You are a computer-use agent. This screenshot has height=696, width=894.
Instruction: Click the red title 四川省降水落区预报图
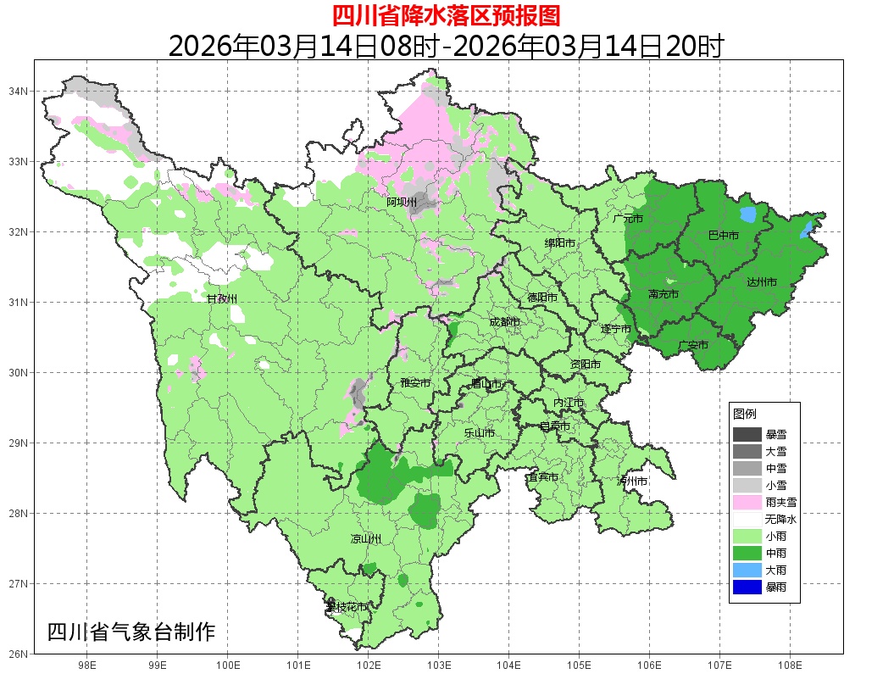446,15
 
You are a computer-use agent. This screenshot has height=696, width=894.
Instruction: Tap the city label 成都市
505,322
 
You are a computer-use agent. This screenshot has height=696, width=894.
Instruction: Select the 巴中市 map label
723,235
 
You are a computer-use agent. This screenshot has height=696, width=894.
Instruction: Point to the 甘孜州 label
222,298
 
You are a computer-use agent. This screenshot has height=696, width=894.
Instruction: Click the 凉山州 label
366,539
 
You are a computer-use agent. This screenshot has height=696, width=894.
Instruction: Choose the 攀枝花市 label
347,607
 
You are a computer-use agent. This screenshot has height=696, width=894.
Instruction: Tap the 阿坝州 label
402,202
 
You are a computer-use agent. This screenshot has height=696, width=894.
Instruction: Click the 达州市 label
762,281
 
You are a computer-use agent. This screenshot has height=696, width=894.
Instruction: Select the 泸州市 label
632,481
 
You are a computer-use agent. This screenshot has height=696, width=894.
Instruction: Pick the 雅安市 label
415,383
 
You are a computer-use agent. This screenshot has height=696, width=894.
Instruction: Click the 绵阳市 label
560,243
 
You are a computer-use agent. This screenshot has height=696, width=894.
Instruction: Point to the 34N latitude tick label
19,91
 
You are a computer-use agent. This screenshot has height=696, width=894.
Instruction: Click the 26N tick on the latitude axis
19,654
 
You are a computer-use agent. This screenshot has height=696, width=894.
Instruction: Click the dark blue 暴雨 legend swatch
747,587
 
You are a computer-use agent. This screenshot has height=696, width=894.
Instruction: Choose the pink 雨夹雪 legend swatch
747,502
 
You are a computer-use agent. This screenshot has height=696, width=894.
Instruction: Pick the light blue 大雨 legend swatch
747,570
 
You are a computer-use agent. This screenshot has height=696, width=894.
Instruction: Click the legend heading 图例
745,414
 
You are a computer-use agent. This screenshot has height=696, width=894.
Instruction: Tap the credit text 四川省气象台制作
131,632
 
